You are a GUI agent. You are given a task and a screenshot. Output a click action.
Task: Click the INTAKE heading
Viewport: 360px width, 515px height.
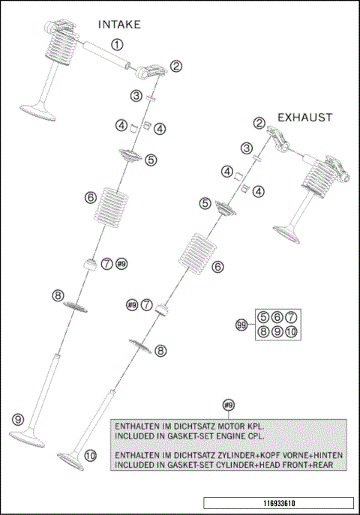tap(119, 25)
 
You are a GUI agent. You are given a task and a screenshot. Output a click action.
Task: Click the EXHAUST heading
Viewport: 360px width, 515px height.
tap(305, 118)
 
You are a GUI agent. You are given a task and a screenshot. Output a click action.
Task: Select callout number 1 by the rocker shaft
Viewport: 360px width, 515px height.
tap(117, 44)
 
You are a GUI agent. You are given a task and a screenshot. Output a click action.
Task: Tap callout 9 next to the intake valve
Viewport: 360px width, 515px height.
tap(18, 419)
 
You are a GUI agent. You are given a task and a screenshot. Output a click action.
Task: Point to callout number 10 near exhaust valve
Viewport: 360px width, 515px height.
tap(90, 456)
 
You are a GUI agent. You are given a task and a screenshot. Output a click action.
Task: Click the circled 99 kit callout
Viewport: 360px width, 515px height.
tap(241, 325)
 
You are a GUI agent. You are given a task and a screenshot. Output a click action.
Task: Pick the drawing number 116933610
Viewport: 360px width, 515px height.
tap(279, 503)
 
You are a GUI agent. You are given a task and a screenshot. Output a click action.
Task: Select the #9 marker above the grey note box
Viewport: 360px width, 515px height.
tap(229, 405)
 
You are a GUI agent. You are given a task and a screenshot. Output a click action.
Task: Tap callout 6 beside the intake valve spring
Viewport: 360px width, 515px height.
tap(91, 198)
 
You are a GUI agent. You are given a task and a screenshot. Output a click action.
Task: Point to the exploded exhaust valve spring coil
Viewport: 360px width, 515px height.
tap(197, 253)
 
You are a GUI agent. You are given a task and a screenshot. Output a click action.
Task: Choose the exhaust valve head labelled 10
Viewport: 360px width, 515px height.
tap(70, 460)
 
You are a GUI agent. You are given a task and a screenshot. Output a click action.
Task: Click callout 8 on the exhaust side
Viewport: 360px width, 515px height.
tap(160, 351)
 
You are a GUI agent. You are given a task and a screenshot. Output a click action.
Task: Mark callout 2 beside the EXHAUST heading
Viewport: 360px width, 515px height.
tap(259, 123)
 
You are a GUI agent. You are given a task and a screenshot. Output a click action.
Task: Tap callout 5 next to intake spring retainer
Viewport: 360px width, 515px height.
tap(151, 160)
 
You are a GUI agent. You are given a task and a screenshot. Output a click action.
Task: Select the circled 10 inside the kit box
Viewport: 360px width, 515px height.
tap(291, 332)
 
